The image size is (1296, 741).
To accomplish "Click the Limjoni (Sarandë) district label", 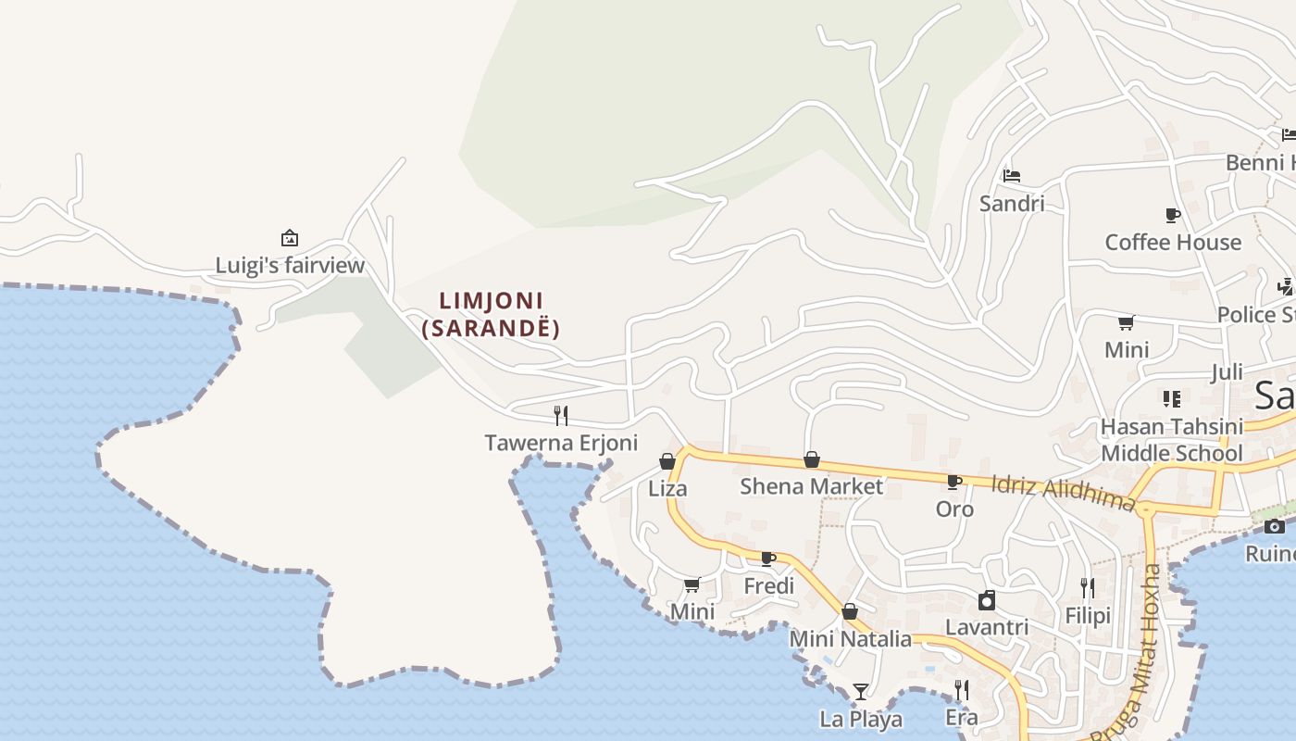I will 491,314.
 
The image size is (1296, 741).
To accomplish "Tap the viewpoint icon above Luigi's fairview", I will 289,238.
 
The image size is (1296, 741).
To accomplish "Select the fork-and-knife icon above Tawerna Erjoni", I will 561,415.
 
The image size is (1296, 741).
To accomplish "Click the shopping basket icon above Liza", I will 667,461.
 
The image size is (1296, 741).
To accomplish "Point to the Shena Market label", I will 811,486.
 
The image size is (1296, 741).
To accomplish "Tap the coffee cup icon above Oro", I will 953,482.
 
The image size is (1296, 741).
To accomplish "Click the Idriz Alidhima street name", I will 1063,493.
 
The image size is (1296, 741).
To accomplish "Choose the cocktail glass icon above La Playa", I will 861,691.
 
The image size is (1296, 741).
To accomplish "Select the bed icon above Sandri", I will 1011,175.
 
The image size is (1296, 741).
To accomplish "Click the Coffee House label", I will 1173,243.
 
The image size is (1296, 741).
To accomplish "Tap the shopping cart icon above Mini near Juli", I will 1126,322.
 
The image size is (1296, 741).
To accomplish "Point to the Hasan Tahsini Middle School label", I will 1171,440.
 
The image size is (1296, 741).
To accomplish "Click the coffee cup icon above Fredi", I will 767,559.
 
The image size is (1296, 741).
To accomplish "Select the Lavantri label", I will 987,627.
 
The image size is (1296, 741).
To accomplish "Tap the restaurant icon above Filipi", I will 1088,587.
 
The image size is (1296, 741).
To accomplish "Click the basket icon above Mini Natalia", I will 849,611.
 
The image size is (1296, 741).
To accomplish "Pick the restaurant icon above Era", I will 962,690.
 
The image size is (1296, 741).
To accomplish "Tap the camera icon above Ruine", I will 1275,526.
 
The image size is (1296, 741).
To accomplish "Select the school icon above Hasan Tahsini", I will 1171,399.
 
